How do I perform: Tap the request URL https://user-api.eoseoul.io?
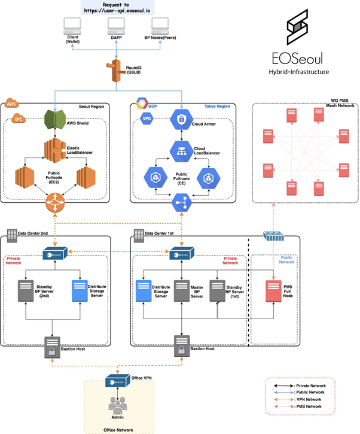tap(116, 10)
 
